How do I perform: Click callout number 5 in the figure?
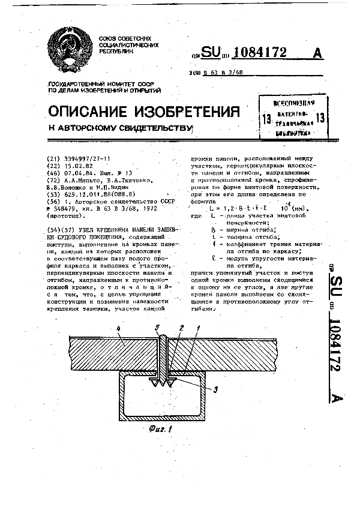click(157, 328)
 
